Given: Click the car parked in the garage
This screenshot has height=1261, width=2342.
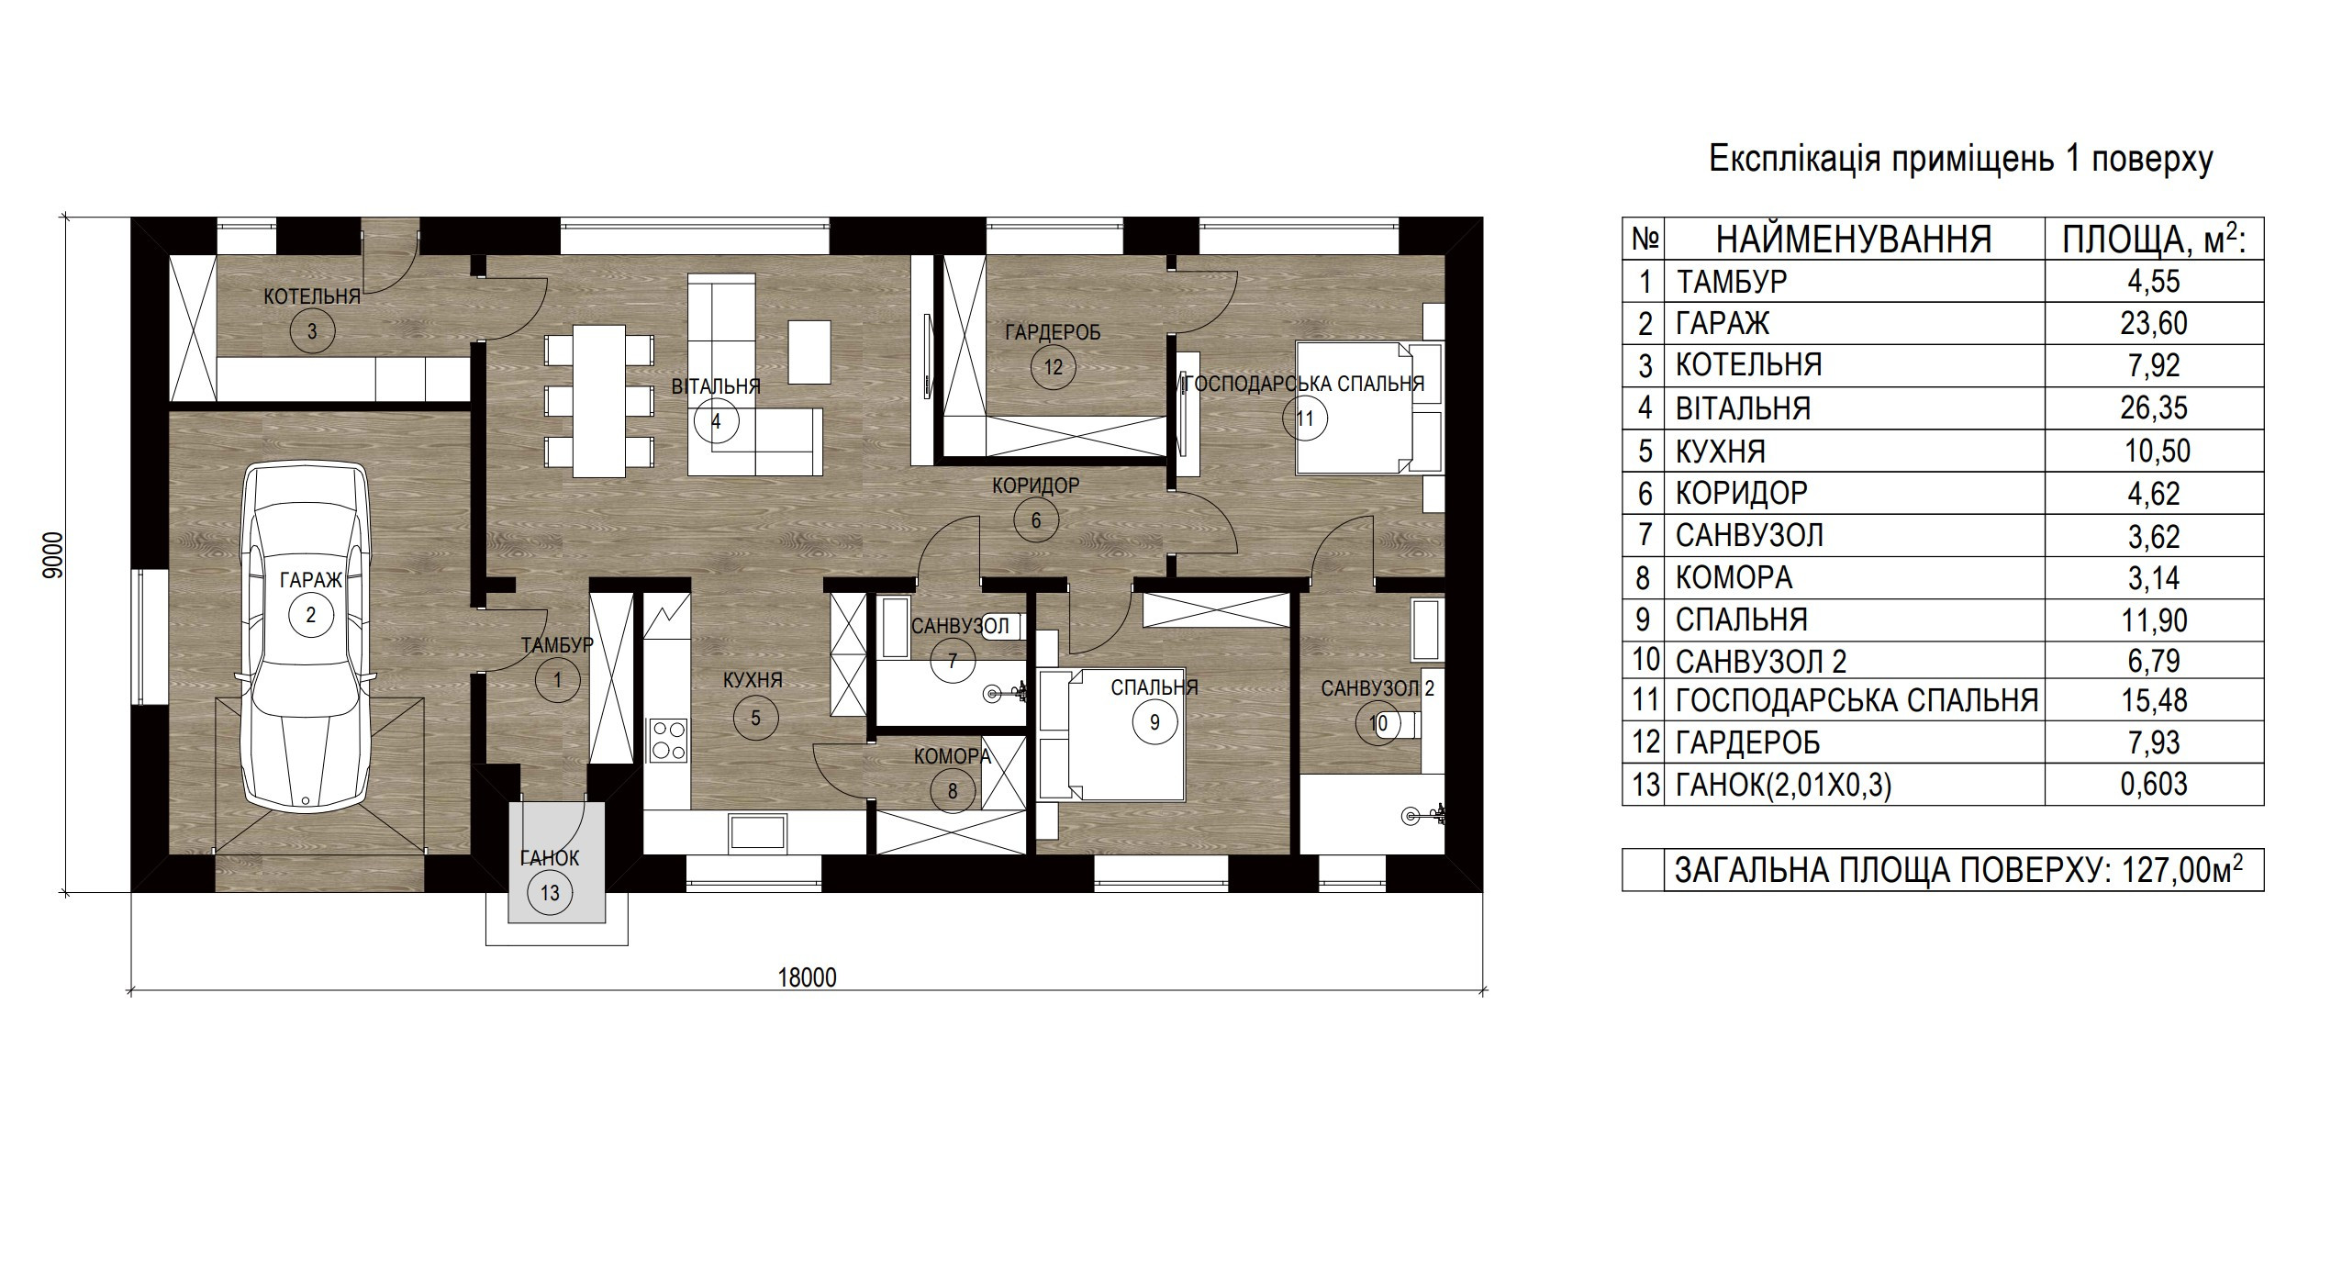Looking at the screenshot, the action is coord(307,637).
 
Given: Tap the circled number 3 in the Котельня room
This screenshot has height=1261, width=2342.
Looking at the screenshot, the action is coord(312,330).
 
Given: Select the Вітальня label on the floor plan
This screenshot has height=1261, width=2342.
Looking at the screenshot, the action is coord(716,386).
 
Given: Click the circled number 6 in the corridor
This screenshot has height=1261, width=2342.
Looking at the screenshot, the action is coord(1036,520).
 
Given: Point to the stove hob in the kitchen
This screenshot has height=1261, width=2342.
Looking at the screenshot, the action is coord(667,740).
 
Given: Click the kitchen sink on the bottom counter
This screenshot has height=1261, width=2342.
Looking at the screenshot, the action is coord(757,833).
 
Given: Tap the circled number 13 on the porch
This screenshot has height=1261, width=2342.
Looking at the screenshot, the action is coord(550,893).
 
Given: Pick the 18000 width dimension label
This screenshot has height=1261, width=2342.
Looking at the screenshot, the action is coord(808,977).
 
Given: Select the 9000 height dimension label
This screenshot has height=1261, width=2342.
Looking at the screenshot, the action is coord(53,554).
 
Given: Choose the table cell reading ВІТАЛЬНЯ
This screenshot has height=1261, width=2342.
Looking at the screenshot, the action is coord(1743,407).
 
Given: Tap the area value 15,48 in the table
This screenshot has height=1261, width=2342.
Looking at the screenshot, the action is coord(2154,700).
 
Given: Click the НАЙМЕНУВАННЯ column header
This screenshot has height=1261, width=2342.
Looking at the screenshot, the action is coord(1854,240).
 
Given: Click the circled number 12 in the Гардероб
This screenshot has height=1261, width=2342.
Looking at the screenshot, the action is coord(1053,367).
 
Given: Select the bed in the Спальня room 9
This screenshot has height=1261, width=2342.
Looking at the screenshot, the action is coord(1112,734).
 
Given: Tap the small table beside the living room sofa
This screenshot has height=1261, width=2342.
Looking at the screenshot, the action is coord(809,352).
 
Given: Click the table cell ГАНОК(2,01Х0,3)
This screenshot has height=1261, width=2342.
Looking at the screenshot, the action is coord(1783,785).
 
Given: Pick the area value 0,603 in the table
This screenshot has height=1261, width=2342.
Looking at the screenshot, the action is coord(2154,784).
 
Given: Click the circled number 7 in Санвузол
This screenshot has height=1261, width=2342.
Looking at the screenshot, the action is coord(953,661).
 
